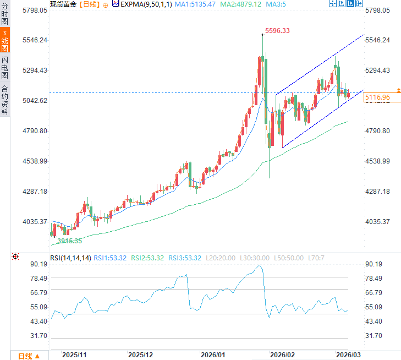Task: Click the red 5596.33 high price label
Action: click(x=277, y=31)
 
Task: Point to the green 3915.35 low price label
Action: click(x=69, y=241)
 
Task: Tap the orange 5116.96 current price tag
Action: click(x=377, y=97)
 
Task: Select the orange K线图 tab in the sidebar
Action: click(x=5, y=41)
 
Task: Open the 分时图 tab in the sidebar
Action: click(x=5, y=14)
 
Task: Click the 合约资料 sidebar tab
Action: click(x=5, y=100)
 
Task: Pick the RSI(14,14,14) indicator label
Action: click(x=70, y=257)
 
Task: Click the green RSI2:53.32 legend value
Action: click(x=147, y=257)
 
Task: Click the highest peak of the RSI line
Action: click(x=260, y=265)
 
